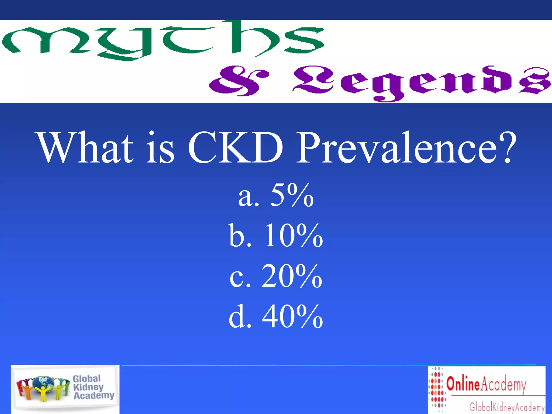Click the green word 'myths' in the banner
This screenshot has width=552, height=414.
tap(162, 40)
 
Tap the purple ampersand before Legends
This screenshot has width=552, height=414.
tap(239, 80)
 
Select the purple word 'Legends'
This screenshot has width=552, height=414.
tap(420, 81)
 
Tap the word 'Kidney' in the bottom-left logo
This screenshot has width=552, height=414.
tap(88, 387)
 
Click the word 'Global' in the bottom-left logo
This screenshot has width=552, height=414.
tap(87, 378)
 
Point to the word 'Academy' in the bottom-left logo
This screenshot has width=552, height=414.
tap(94, 396)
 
